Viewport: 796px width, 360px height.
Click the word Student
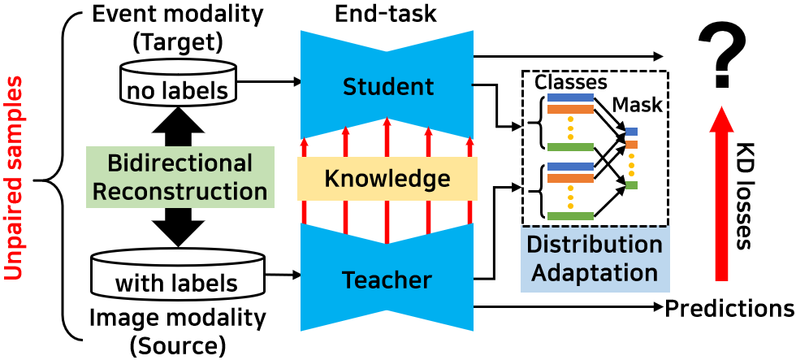click(x=388, y=87)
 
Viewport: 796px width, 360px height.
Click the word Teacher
click(x=387, y=280)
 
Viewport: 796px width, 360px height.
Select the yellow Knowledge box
click(x=387, y=179)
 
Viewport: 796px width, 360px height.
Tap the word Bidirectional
click(x=180, y=163)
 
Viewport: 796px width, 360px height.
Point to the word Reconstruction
click(x=180, y=192)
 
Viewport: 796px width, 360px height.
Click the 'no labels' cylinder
click(x=178, y=83)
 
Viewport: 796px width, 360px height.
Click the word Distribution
click(x=595, y=245)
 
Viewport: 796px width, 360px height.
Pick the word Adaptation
click(x=595, y=272)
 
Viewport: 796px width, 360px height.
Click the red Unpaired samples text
click(x=15, y=178)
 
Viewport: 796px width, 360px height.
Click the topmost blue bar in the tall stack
click(x=570, y=98)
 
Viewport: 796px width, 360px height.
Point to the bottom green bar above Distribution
click(x=570, y=216)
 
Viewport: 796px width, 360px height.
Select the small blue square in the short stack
click(x=631, y=132)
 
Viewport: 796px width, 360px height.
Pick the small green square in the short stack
click(x=631, y=185)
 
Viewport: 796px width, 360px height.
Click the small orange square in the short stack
click(x=631, y=145)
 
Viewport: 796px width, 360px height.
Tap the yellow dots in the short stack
click(x=631, y=165)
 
